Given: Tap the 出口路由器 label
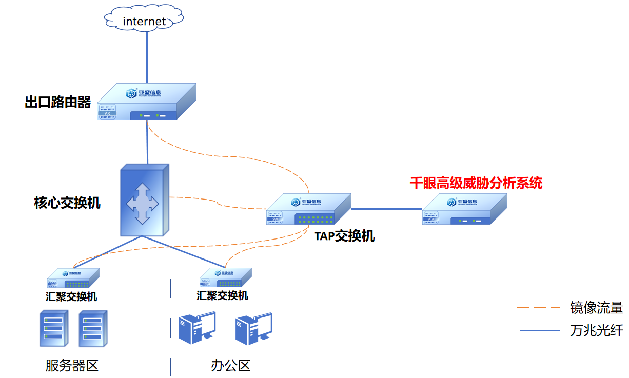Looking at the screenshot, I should coord(57,103).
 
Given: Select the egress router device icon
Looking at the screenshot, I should coord(146,102).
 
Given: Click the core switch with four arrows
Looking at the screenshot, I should coord(143,201).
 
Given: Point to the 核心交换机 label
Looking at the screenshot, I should coord(67,203).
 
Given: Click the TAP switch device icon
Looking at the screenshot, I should coord(308,209).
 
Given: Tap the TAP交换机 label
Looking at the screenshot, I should coord(344,236).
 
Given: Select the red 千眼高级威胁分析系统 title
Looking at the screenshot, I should coord(476,183).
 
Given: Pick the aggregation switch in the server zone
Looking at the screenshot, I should coord(73,278).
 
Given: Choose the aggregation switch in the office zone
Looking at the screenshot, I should coord(225,278).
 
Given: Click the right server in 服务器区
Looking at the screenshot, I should coord(93,328).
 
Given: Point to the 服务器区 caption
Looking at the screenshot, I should coord(72,365).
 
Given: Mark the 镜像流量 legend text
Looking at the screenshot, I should coord(596,308).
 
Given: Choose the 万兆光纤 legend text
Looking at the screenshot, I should coord(596,330).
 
